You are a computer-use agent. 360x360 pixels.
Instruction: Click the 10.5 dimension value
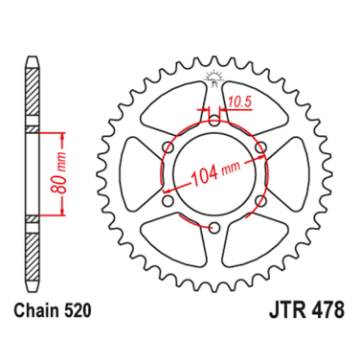pyautogui.click(x=239, y=101)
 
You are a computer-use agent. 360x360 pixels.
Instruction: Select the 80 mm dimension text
pyautogui.click(x=59, y=173)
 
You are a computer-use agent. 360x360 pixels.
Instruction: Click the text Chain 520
pyautogui.click(x=53, y=311)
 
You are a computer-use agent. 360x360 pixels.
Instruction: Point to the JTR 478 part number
pyautogui.click(x=307, y=310)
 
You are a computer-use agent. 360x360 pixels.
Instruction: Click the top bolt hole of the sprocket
pyautogui.click(x=215, y=121)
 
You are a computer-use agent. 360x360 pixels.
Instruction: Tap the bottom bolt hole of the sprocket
pyautogui.click(x=215, y=228)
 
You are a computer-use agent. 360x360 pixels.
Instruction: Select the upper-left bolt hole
pyautogui.click(x=169, y=147)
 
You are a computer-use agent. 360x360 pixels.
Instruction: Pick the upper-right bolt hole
pyautogui.click(x=261, y=147)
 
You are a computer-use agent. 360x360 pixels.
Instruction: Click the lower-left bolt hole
pyautogui.click(x=169, y=201)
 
